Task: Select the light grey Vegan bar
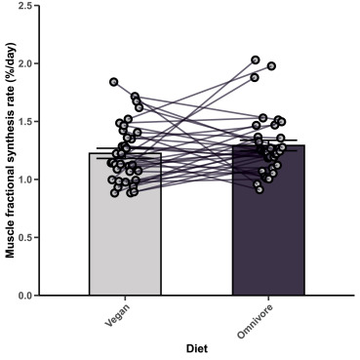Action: pos(125,244)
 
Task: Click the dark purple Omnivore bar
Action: pos(267,244)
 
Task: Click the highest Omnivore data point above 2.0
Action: pos(256,60)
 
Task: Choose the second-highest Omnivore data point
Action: pos(271,66)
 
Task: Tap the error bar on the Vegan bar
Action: pos(125,149)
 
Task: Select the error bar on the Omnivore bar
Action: pos(267,144)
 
